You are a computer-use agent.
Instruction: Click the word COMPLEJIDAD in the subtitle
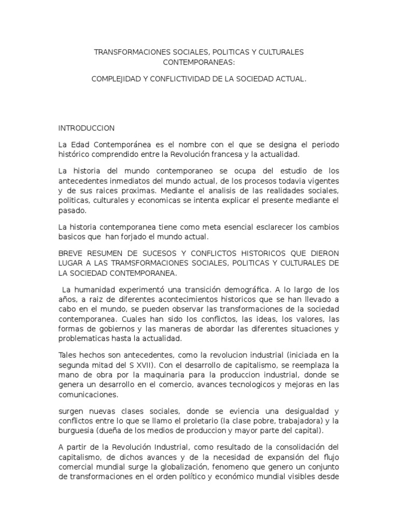click(x=116, y=80)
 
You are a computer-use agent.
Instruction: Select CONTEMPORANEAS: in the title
click(x=199, y=62)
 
